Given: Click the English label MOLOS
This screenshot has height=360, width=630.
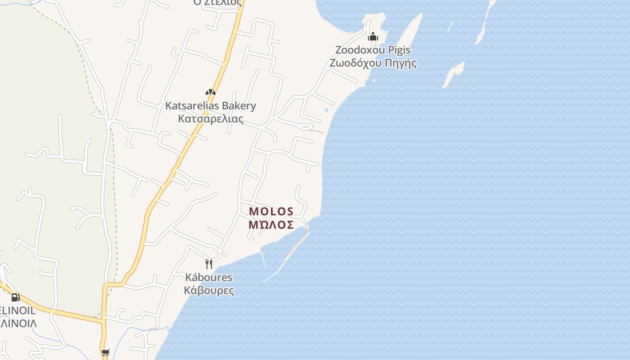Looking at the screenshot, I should coord(271,211).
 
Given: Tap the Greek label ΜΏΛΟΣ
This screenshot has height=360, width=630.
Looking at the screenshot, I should coord(271,225).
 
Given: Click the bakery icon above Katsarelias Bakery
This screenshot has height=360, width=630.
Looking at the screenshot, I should coord(210,92).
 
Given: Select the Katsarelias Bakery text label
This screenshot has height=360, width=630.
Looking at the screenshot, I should coord(210,106).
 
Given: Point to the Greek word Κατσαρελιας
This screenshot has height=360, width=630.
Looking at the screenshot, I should coord(210,119).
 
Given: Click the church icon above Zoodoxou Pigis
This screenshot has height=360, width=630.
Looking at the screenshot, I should coord(373,36).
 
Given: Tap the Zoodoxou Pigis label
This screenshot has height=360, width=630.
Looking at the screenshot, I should coord(373,49).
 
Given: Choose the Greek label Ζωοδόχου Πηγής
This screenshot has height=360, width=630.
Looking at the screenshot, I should coord(373,63).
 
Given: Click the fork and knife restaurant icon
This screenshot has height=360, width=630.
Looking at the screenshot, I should coord(208,264).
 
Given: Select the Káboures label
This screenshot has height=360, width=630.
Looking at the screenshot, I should coord(209,277).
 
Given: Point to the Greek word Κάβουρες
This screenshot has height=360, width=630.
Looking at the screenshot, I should coord(209,290).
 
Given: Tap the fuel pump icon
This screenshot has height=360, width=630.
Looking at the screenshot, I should coord(15,297).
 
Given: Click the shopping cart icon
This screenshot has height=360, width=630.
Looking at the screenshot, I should coord(105,353).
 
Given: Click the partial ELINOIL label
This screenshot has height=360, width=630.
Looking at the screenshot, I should coord(18,310).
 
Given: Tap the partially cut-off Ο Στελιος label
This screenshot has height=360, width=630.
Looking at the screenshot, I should coord(217,3).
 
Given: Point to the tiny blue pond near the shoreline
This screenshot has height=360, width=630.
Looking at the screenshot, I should coord(326,110).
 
